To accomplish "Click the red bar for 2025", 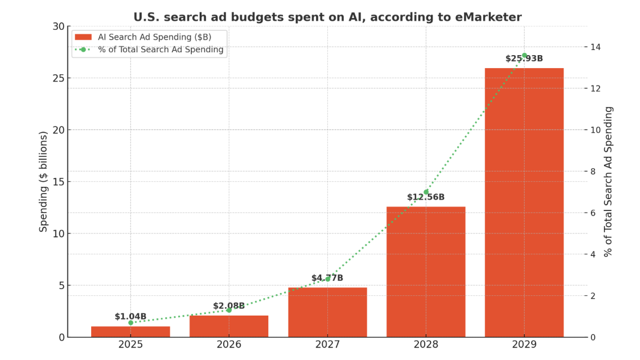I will (x=130, y=331).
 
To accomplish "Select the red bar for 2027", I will (x=327, y=312).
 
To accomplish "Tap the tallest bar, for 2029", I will (x=524, y=202).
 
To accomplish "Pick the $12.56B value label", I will (x=426, y=197).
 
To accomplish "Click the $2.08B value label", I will (x=229, y=306).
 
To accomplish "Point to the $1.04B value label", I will (x=130, y=317).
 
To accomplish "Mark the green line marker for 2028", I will (x=426, y=192).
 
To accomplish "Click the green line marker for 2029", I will (x=524, y=56).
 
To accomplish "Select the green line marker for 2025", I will (x=130, y=323).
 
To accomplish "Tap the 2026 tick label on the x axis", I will (x=229, y=344).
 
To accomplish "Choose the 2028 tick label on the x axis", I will (x=426, y=344).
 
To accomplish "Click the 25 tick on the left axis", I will (x=58, y=78).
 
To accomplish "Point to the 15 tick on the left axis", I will (x=58, y=182).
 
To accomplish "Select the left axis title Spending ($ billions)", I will (x=43, y=181).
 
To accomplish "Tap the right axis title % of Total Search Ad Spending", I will (x=609, y=181).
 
